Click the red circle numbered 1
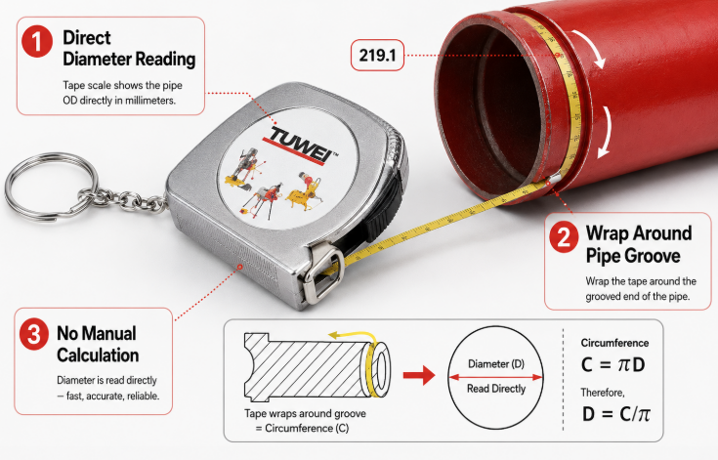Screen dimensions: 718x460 point(37,42)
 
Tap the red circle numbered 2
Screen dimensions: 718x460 point(564,236)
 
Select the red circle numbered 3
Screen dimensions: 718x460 point(34,334)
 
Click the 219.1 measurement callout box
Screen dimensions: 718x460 point(377,56)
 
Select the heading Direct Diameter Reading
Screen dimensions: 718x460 point(129,49)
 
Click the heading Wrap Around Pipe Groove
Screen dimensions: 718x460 point(639,244)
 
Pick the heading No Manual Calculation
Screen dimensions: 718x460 point(98,344)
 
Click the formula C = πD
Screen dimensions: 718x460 point(613,365)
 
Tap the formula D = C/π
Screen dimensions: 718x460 point(615,414)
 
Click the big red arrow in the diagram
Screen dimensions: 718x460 point(418,375)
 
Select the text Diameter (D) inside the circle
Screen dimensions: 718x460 point(496,364)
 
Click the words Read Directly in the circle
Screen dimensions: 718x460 point(496,389)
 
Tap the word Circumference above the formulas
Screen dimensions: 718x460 point(614,343)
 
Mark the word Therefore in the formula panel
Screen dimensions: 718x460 point(603,393)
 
